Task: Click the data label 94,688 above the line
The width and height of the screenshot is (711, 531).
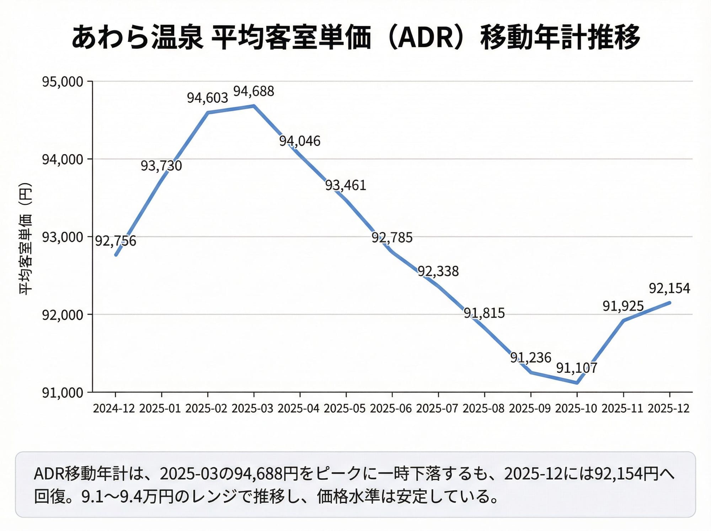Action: (x=253, y=91)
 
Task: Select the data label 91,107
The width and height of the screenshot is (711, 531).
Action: (x=577, y=368)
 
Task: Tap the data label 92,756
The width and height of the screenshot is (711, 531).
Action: (x=116, y=241)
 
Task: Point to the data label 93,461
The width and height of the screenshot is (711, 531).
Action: (x=346, y=185)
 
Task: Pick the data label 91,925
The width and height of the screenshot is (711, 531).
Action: (x=623, y=306)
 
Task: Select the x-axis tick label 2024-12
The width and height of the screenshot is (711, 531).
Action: (x=114, y=408)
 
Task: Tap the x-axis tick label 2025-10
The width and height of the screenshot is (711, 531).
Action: (x=576, y=408)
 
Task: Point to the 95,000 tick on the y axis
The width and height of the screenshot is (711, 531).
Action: (x=63, y=82)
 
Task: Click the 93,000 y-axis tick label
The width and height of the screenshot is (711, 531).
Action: (x=63, y=237)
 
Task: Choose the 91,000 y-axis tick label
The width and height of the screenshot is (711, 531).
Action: (x=63, y=392)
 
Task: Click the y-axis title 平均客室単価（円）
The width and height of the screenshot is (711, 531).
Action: (x=26, y=238)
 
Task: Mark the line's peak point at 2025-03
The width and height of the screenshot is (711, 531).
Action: (x=253, y=106)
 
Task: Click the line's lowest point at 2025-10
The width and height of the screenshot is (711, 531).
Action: (x=577, y=383)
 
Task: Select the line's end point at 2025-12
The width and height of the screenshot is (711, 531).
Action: (x=669, y=303)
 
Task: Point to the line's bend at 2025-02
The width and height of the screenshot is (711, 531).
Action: (x=208, y=112)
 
